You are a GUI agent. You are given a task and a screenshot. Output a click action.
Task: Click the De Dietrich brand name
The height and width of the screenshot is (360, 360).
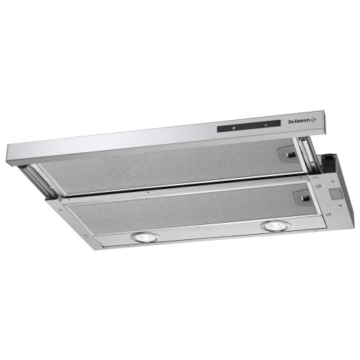coord(299,121)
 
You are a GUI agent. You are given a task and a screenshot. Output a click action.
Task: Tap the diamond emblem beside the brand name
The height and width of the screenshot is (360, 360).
coord(313,121)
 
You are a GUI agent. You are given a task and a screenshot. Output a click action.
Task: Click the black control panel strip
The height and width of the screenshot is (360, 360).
coord(249,126)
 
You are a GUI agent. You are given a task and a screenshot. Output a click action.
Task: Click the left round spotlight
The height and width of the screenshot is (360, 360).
coord(145,237)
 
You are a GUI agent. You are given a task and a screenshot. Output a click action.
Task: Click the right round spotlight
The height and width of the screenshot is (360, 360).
coord(275,226)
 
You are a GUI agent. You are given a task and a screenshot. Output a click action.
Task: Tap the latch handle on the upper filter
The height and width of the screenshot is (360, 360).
coord(289,154)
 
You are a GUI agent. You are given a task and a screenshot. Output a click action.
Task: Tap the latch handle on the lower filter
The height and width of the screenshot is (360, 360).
coord(305,198)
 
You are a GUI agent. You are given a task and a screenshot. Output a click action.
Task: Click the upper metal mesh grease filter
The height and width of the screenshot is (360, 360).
coord(172,167)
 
